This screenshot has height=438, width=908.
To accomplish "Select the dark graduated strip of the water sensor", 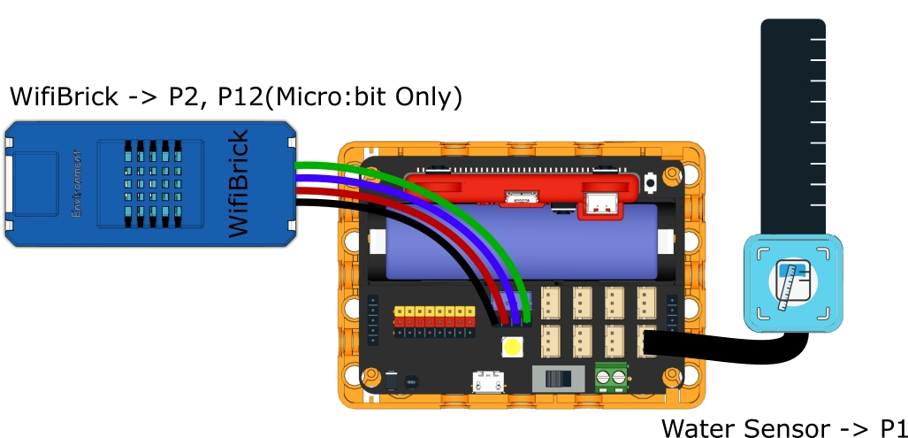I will point(792,124).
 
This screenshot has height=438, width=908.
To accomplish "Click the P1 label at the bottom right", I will point(891,428).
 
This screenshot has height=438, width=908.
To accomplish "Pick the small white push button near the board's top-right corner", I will point(652,183).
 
